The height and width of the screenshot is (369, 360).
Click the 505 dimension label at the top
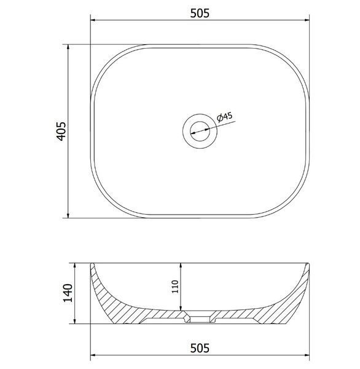[200, 13]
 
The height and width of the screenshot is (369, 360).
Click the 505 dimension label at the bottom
[200, 348]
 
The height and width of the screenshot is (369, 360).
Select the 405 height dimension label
[62, 131]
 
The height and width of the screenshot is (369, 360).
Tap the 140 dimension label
[68, 293]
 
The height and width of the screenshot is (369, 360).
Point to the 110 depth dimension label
[176, 287]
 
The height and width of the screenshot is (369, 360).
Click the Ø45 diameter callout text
[225, 117]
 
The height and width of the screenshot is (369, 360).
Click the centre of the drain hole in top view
[200, 132]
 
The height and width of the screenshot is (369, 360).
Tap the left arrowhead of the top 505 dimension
[93, 20]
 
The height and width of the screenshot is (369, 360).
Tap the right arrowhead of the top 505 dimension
[307, 20]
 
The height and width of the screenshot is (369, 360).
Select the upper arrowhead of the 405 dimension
[68, 47]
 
